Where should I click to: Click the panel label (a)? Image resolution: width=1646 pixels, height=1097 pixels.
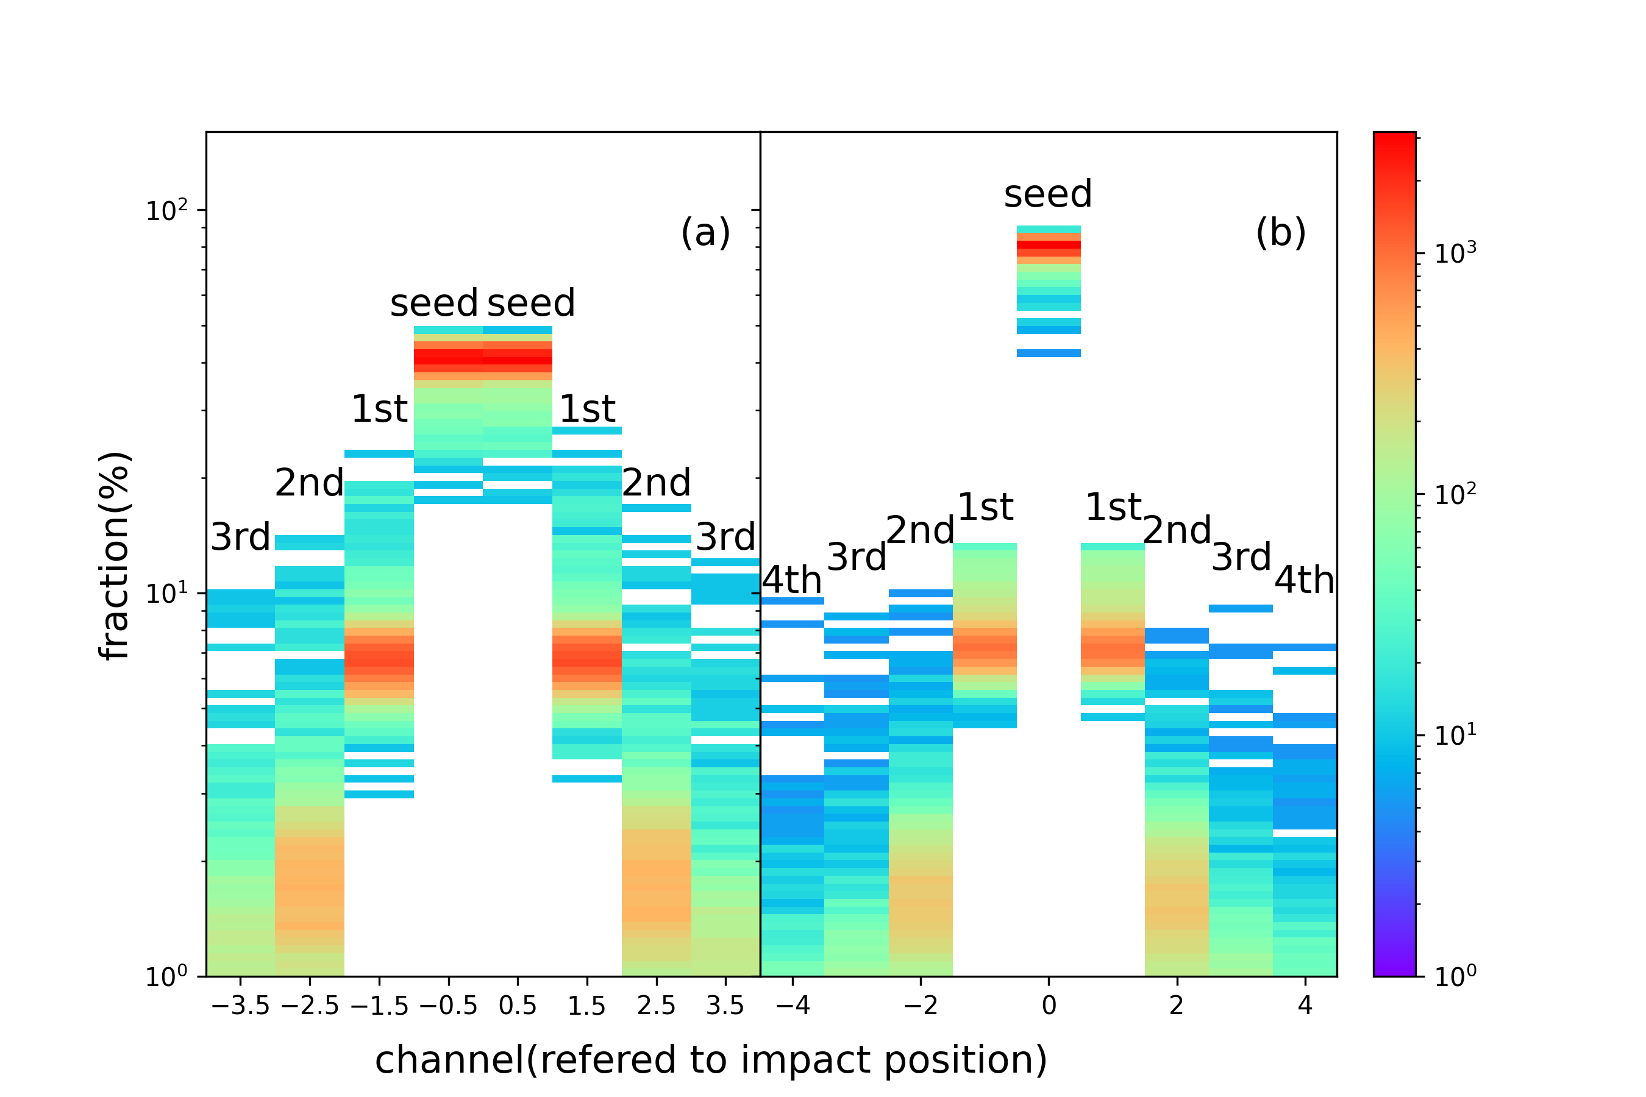click(705, 232)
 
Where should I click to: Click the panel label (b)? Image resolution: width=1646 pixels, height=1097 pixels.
click(1280, 232)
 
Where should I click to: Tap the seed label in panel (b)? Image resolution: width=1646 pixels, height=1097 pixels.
click(1047, 194)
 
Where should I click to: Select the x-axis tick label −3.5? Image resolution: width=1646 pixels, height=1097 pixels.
click(240, 1006)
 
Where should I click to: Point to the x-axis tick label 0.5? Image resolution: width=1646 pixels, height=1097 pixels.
click(517, 1006)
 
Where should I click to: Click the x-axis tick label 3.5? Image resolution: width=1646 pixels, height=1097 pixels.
click(725, 1006)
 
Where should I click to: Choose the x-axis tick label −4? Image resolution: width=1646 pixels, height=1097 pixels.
click(793, 1006)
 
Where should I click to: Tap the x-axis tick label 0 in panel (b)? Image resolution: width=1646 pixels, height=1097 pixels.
click(1049, 1006)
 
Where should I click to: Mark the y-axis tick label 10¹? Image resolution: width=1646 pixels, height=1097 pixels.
click(166, 593)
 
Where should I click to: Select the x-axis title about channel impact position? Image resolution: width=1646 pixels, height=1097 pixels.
click(711, 1060)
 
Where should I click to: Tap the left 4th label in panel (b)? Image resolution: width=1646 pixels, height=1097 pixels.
click(791, 580)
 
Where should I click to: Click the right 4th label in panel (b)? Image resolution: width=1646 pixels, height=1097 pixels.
click(1304, 580)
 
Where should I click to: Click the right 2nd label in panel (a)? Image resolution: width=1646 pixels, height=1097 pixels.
click(656, 483)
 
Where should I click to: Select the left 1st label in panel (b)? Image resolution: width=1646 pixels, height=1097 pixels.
click(985, 506)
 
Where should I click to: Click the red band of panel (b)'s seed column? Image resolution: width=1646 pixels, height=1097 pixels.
click(1049, 246)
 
